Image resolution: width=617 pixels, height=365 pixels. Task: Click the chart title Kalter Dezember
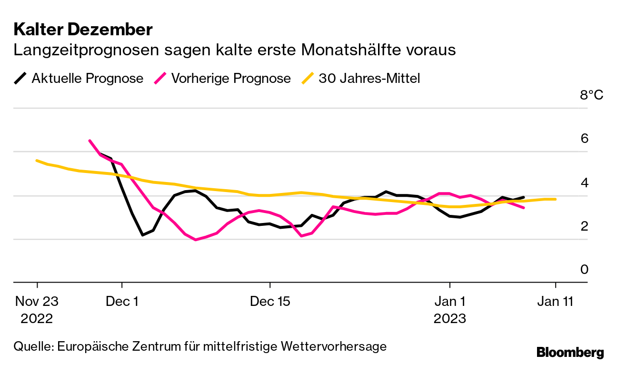point(83,30)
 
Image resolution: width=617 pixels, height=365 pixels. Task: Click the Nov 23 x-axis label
point(37,302)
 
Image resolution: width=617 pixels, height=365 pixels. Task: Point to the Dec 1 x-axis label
point(122,302)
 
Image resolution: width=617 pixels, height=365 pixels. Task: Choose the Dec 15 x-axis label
point(270,302)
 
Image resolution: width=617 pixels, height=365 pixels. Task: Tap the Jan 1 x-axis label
point(449,302)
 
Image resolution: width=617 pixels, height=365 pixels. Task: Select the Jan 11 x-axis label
point(556,302)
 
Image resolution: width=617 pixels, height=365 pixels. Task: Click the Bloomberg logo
point(570,353)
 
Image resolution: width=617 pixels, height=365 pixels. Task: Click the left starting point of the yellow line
point(37,161)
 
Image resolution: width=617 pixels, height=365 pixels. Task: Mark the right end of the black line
point(524,197)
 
